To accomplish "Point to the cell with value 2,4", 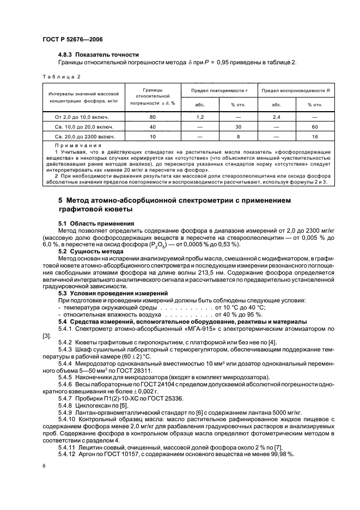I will point(277,117).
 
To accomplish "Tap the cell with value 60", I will point(315,127).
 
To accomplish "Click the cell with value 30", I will point(238,127).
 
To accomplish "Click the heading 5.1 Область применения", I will point(96,223).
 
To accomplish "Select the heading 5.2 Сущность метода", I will point(90,252).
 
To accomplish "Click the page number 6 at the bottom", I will point(43,466).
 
